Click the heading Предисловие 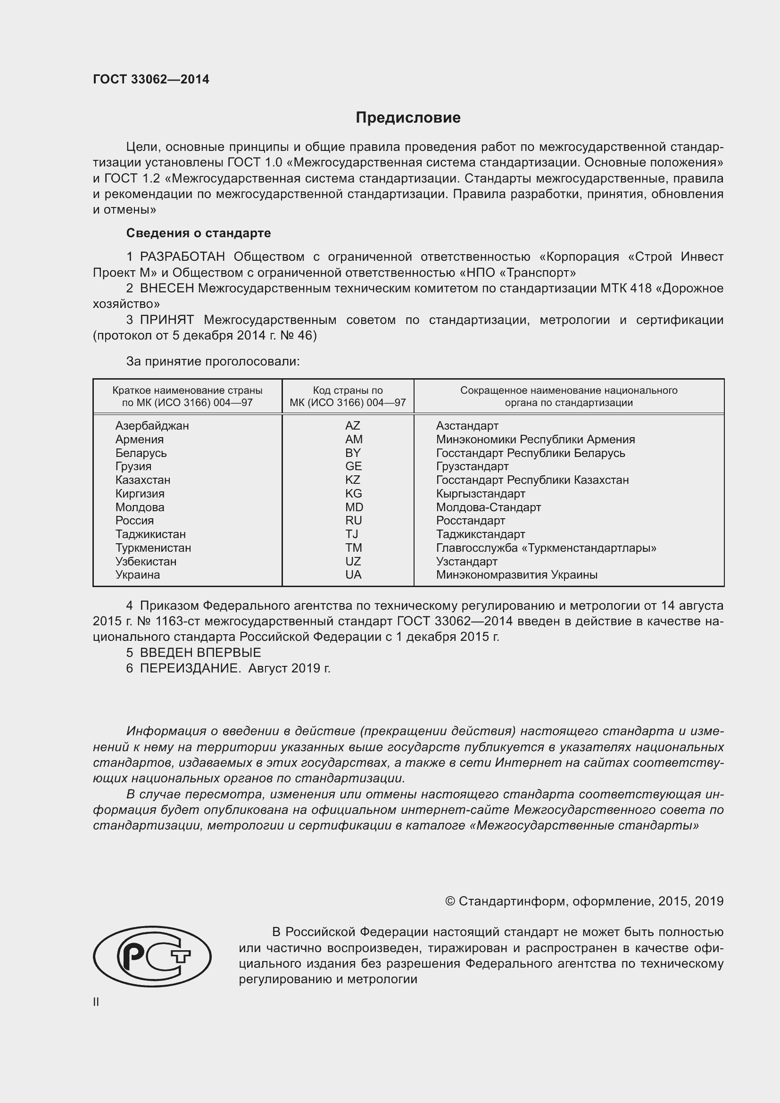point(408,118)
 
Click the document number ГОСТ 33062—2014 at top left point(151,79)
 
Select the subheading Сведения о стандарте point(199,233)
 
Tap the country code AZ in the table point(353,426)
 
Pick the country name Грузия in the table point(133,466)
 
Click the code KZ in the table point(353,480)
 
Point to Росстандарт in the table point(470,521)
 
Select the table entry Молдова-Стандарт point(489,507)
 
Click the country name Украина point(137,575)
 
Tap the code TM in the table point(354,548)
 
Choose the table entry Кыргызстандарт point(480,494)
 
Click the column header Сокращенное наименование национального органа point(569,396)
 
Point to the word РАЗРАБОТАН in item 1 point(182,257)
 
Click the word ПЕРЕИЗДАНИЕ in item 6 point(190,668)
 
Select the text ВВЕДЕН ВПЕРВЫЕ point(200,652)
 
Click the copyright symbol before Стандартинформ point(450,901)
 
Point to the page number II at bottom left point(96,1002)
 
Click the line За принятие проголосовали point(213,361)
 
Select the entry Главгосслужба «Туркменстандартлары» point(546,548)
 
